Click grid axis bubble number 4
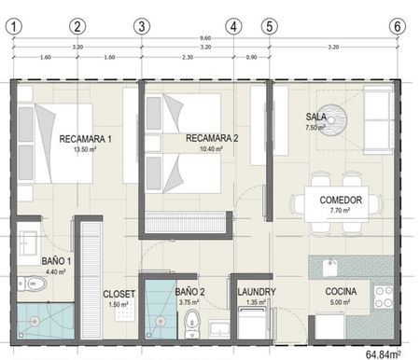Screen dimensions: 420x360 point(233,26)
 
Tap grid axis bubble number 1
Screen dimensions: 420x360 point(14,26)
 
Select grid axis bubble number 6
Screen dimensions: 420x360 point(398,26)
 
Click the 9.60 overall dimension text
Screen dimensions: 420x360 point(205,38)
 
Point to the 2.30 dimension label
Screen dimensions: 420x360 point(188,57)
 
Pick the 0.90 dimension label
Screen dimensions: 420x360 point(251,57)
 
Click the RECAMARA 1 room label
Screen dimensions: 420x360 point(85,139)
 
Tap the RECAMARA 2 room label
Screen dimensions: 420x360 point(212,138)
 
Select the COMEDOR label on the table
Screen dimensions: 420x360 point(341,200)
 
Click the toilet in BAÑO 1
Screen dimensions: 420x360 point(32,284)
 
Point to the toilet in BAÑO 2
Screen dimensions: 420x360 point(191,324)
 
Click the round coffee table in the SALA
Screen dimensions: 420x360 point(333,120)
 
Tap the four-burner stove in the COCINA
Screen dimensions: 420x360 point(384,297)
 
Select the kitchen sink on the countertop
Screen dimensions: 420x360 point(329,268)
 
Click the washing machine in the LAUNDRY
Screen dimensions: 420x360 point(252,323)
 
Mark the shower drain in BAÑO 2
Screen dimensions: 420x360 point(161,321)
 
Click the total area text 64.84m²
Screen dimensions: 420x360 point(383,354)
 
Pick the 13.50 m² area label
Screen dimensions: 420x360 point(85,149)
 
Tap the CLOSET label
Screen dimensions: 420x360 point(119,294)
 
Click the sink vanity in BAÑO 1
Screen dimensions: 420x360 point(29,243)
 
